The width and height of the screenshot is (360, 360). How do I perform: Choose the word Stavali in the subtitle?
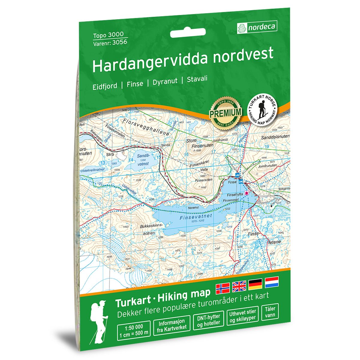tap(197, 80)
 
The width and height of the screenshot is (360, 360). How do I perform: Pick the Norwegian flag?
tap(223, 288)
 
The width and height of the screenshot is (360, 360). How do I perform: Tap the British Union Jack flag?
tap(239, 287)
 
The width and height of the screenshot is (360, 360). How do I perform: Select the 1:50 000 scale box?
tap(133, 330)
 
